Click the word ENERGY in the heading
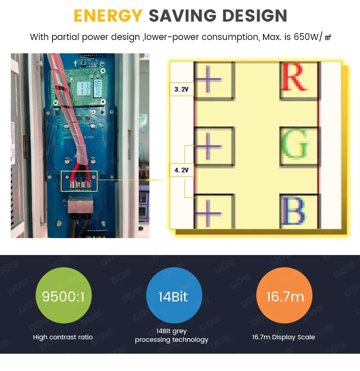tap(108, 16)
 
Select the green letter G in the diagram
tap(295, 145)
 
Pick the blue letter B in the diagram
tap(294, 211)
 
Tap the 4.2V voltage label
tap(181, 170)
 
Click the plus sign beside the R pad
tap(209, 79)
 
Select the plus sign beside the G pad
tap(209, 146)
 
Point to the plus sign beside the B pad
tap(209, 212)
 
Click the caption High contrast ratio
tap(63, 338)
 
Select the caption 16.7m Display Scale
tap(284, 338)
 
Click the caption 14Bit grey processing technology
tap(172, 335)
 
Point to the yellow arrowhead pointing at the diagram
tap(148, 179)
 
